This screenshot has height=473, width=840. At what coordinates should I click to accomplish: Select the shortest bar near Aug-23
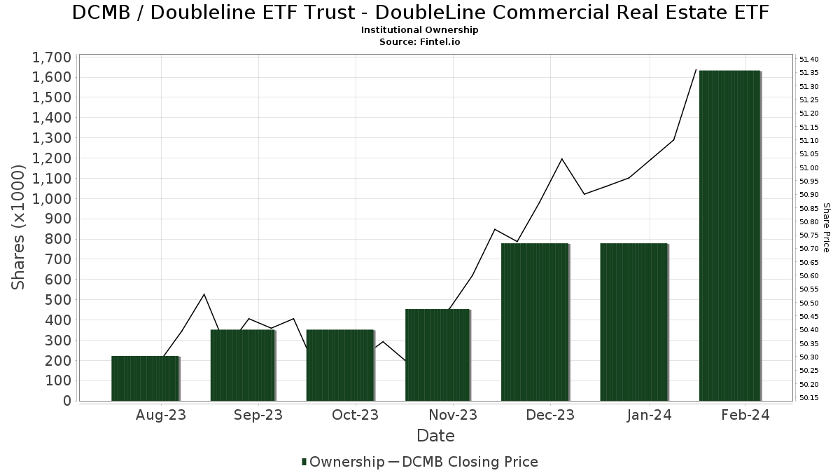[145, 378]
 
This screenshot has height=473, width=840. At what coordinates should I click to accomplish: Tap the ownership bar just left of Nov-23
[437, 355]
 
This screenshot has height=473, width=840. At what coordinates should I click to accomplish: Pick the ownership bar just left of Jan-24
[633, 322]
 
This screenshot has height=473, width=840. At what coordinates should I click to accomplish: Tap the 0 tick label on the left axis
[67, 401]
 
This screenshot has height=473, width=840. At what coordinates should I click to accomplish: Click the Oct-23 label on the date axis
[355, 415]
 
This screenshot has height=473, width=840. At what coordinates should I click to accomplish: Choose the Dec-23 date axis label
[550, 415]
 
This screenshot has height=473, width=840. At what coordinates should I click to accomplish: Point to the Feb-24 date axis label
[745, 415]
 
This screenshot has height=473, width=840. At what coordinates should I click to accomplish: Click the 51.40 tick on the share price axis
[808, 60]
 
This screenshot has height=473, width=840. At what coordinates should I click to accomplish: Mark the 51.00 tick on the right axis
[808, 167]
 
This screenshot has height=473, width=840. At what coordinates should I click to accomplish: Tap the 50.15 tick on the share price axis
[808, 398]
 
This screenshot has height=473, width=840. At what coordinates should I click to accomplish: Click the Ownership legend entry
[343, 462]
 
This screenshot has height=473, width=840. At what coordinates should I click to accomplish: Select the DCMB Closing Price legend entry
[463, 462]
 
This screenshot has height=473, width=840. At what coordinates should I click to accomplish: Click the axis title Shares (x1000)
[19, 228]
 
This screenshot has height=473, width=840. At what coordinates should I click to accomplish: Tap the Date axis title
[435, 436]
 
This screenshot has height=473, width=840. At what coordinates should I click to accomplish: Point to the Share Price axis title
[826, 228]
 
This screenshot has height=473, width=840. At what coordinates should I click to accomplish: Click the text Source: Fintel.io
[419, 41]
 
